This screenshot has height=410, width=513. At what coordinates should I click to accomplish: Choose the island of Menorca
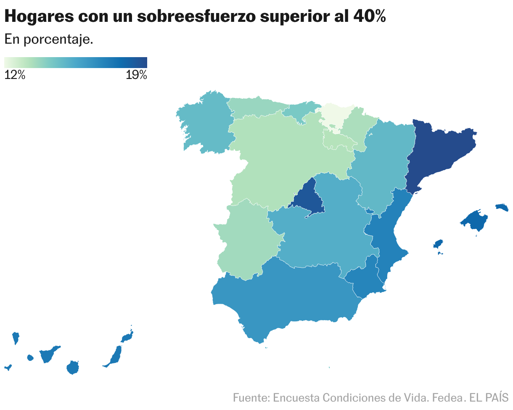pos(502,207)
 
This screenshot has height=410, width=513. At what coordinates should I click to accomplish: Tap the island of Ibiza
pos(438,244)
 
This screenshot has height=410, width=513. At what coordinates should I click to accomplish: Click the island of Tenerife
pos(48,355)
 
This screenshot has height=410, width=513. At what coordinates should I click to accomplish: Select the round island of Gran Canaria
pos(73,368)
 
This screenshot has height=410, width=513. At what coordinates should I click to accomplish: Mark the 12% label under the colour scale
pos(15,76)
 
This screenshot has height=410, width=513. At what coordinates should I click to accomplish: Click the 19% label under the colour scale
pos(136,76)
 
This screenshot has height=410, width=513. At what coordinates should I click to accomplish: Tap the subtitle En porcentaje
pos(48,39)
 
